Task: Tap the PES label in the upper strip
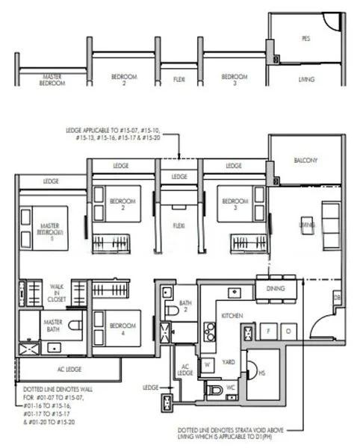coord(305,37)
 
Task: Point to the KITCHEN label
coord(233,316)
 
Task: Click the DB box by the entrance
coord(337,299)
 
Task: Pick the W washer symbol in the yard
coord(208,364)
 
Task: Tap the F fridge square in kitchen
coord(268,330)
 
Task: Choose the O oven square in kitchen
coord(287,330)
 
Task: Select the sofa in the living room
coord(329,223)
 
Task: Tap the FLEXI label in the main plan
coord(179,224)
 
